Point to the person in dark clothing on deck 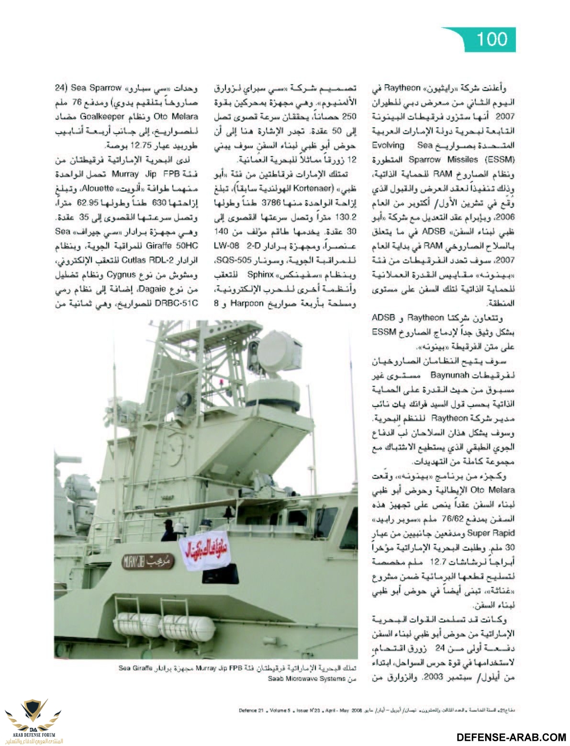pos(168,531)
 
